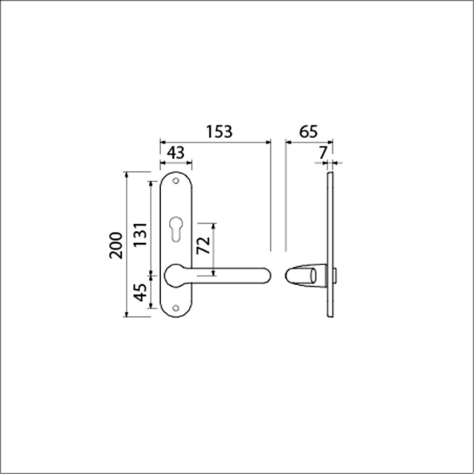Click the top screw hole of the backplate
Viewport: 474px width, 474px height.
pos(177,181)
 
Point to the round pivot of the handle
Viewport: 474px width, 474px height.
pos(175,276)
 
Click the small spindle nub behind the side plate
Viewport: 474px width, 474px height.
pos(336,276)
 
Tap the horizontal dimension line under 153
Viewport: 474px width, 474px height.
pos(215,142)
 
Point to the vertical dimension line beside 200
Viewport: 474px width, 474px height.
pos(127,245)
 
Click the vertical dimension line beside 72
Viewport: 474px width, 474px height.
pos(213,248)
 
